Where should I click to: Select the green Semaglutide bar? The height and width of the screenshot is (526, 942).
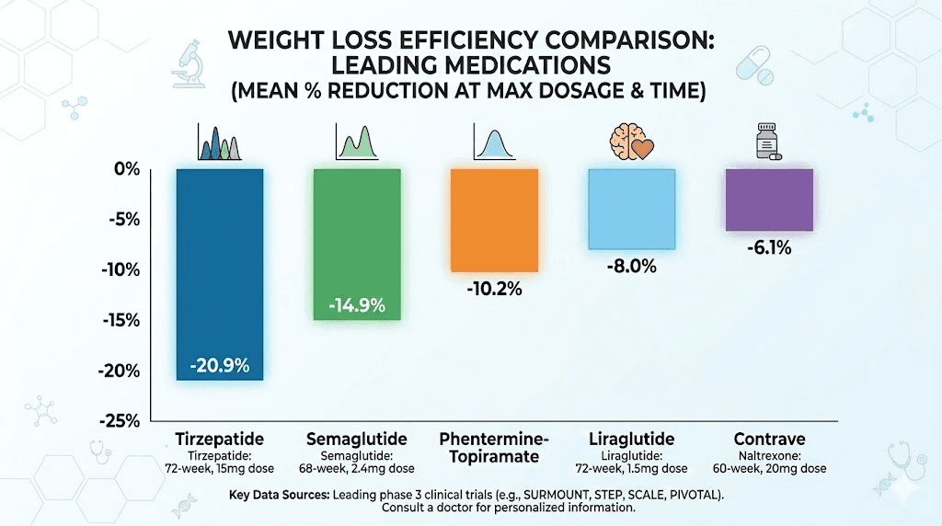[357, 239]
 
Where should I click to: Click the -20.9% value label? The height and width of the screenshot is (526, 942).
[220, 365]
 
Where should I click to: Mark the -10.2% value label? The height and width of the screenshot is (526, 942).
[493, 289]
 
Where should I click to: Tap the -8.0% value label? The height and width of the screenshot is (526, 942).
[631, 267]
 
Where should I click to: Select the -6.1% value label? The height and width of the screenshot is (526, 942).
[769, 247]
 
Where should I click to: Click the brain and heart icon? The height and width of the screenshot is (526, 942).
[631, 141]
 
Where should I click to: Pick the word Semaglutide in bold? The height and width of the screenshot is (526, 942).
[357, 439]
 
